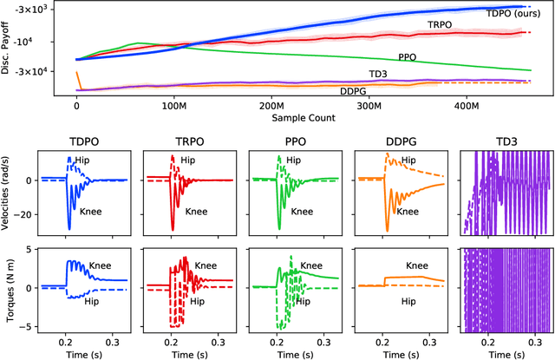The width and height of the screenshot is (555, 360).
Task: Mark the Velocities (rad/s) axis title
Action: pyautogui.click(x=10, y=193)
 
